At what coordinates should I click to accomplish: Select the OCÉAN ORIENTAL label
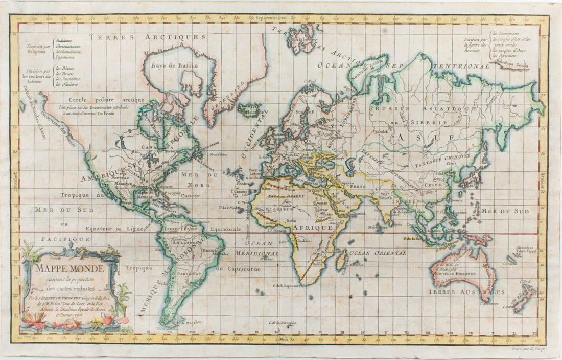(378, 253)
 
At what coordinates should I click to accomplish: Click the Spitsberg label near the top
(299, 39)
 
